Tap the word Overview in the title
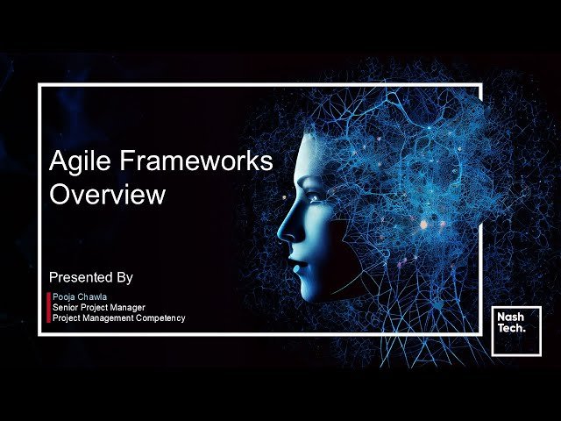[x=107, y=194]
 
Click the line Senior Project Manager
[x=99, y=308]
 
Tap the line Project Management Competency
[x=118, y=318]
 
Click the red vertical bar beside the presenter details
[x=49, y=308]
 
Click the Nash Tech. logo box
[x=516, y=331]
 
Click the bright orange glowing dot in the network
[x=423, y=225]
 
